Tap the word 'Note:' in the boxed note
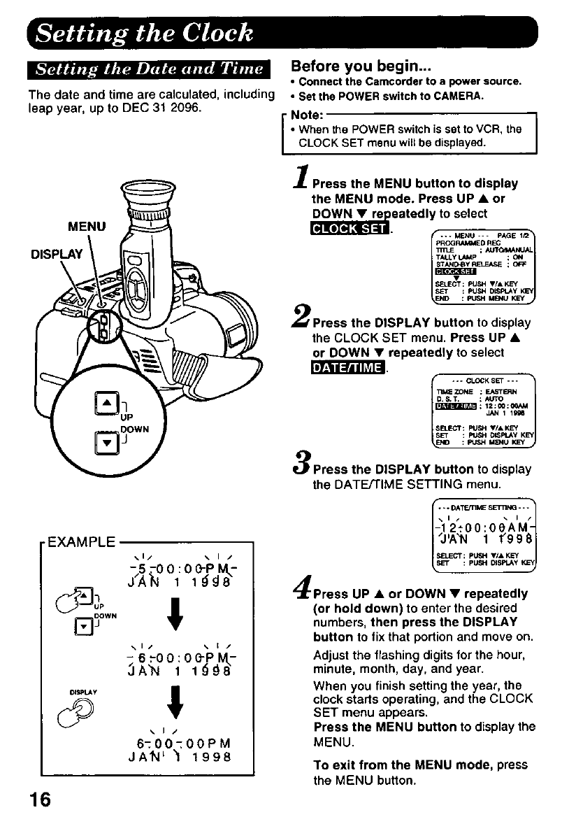(305, 114)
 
